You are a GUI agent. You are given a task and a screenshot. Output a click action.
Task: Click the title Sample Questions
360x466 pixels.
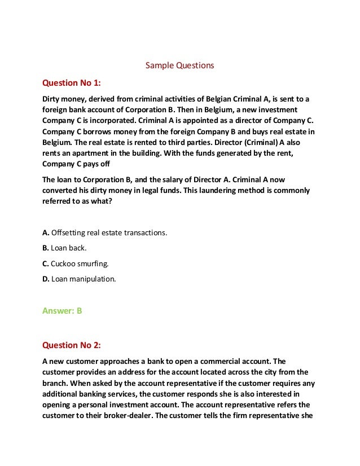pos(179,65)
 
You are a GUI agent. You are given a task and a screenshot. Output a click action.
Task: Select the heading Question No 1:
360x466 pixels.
pos(72,83)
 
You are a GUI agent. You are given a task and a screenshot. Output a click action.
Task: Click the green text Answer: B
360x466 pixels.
pos(63,310)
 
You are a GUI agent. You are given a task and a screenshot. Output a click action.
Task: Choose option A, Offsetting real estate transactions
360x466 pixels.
pos(105,232)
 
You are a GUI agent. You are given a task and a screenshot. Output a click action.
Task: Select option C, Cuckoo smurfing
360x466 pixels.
pos(76,263)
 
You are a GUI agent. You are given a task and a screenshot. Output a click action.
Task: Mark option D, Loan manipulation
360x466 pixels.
pos(79,278)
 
